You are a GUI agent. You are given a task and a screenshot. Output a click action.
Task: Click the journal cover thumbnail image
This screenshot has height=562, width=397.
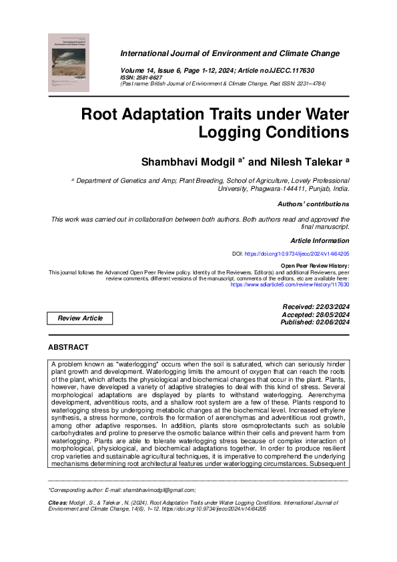(x=69, y=63)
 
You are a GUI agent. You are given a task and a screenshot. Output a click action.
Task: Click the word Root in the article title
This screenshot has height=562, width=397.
(x=101, y=113)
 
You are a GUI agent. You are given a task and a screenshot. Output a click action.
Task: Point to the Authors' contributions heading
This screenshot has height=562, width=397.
(x=314, y=204)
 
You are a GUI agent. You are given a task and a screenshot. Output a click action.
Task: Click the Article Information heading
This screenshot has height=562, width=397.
(x=320, y=240)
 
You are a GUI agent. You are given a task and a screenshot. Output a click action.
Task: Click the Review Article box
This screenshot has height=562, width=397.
(x=81, y=318)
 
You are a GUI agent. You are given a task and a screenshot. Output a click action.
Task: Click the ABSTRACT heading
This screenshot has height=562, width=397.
(x=68, y=348)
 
